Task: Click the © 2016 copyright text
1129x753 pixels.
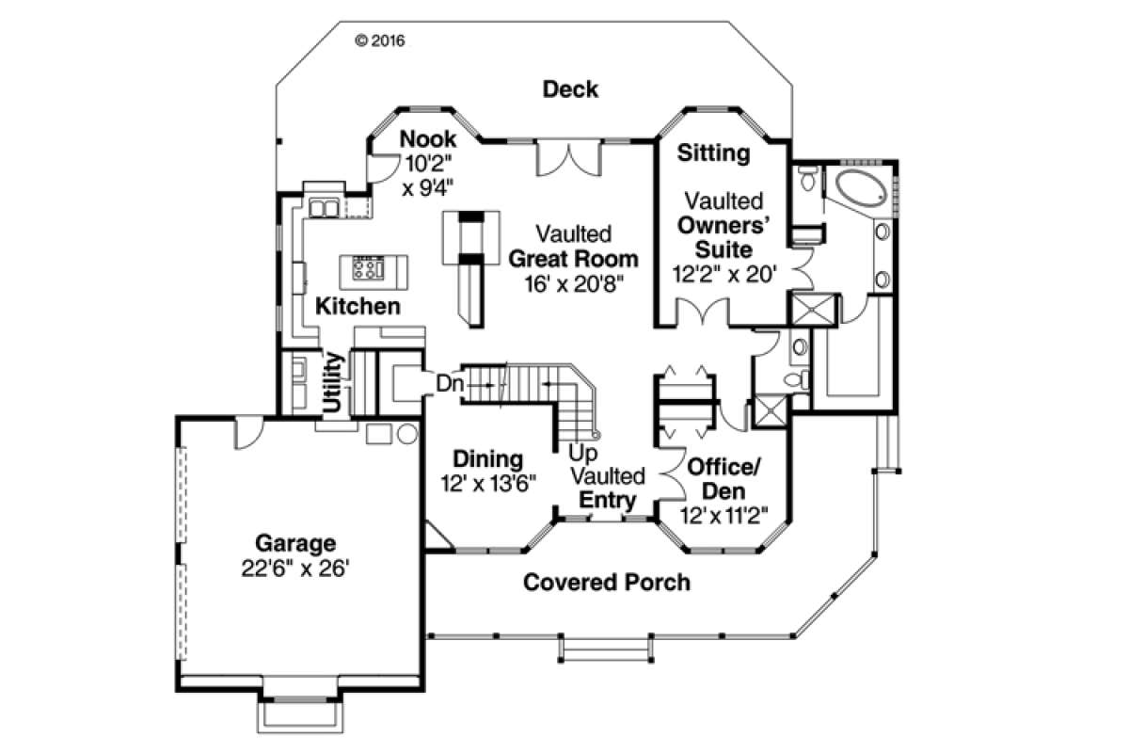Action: [380, 40]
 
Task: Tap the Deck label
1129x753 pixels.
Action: [570, 89]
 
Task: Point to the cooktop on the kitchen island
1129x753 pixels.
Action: [368, 268]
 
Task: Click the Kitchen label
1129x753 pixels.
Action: [358, 306]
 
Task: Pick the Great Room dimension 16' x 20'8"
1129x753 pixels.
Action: [574, 284]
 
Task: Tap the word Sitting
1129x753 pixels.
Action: [713, 152]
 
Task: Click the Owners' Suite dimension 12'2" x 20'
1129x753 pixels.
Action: [724, 275]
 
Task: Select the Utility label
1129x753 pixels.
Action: [333, 382]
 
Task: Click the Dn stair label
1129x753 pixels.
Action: [449, 384]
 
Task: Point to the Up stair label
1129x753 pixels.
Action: [582, 453]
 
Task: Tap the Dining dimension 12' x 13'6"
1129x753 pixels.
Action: [488, 483]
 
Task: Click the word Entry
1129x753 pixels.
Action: [608, 500]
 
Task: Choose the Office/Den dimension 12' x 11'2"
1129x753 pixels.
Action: [724, 516]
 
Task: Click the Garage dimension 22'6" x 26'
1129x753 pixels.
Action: [295, 569]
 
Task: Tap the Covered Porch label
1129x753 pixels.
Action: [607, 583]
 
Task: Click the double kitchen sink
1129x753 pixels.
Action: [324, 208]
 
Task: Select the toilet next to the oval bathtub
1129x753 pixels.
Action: [807, 178]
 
